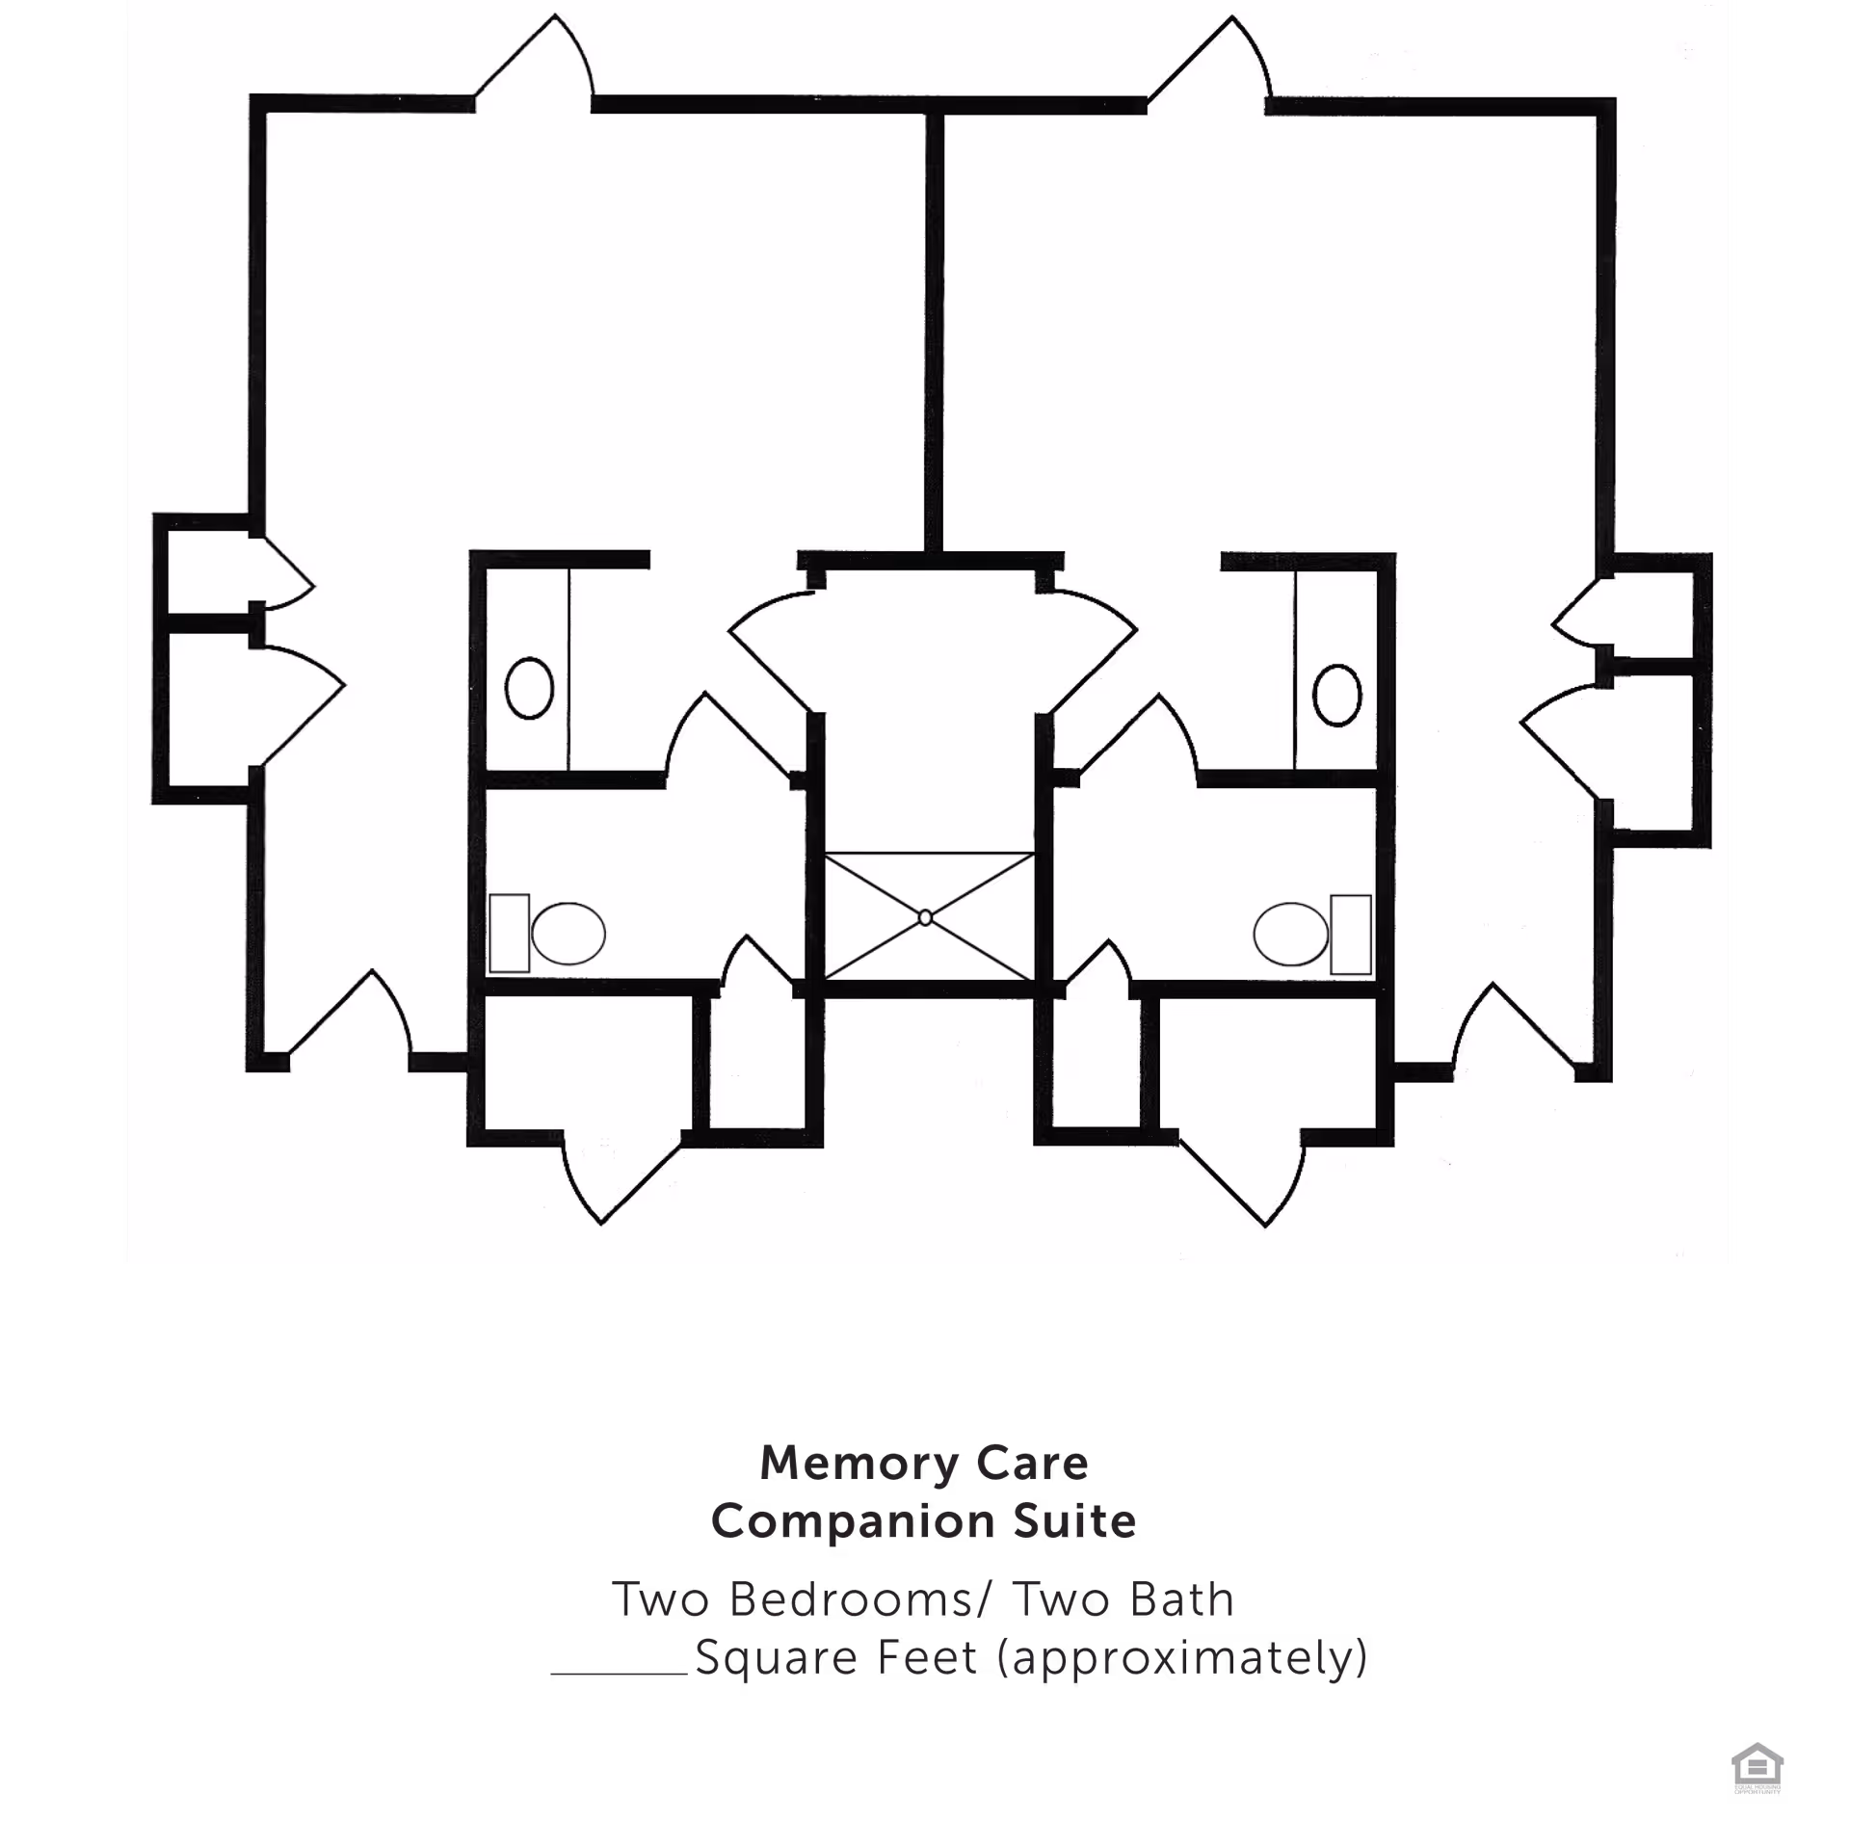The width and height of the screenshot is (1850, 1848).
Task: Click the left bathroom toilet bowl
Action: coord(568,934)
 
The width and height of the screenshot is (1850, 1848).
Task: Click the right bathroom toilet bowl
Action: coord(1291,934)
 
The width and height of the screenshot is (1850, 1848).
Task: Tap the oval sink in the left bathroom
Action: coord(529,688)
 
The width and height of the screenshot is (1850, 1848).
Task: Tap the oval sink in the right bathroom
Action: coord(1336,694)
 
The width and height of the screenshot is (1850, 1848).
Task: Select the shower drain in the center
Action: coord(925,917)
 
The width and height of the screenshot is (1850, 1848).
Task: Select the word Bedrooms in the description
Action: coord(850,1599)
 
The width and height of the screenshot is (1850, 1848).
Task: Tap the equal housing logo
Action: coord(1757,1768)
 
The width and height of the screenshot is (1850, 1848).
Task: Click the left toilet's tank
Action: coord(509,934)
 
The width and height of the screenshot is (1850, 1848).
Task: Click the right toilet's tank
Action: coord(1351,934)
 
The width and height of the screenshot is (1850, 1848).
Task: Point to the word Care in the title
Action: coord(1033,1463)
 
